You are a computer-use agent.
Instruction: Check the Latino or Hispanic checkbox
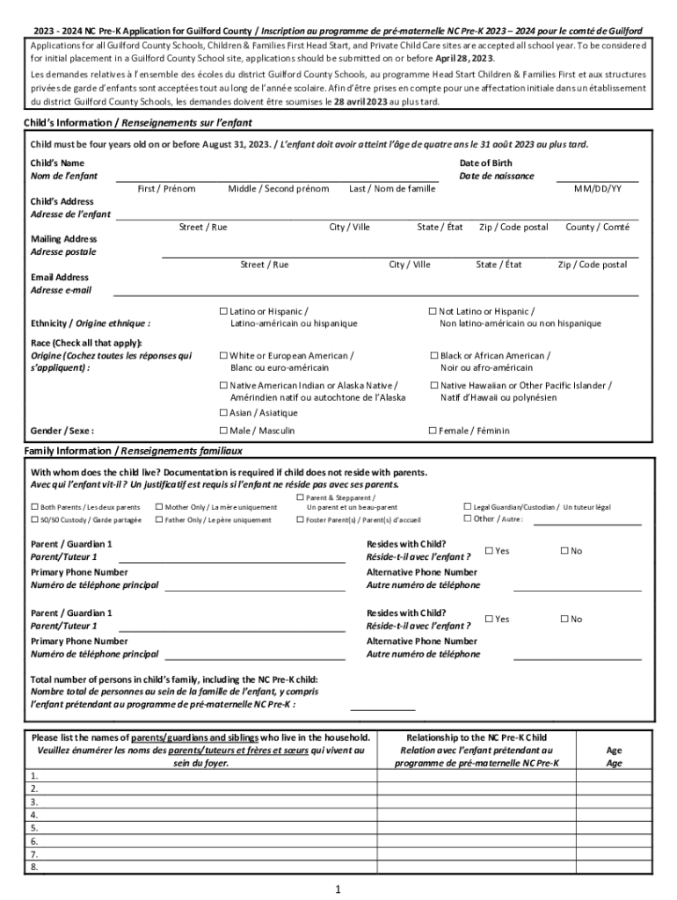pos(223,311)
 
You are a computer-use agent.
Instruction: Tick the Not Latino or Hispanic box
pos(433,311)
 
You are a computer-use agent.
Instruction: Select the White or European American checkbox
pos(223,355)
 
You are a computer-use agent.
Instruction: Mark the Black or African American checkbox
pos(433,355)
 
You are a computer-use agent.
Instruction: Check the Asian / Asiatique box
pos(223,412)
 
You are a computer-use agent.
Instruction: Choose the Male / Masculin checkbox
pos(223,431)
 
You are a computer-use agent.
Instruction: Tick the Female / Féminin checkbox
pos(433,431)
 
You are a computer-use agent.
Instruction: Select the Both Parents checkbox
pos(35,507)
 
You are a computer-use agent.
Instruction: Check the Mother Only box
pos(159,507)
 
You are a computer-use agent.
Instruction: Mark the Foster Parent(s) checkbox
pos(300,519)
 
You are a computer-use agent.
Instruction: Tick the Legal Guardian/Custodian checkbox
pos(467,507)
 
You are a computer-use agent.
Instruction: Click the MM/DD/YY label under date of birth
pos(598,189)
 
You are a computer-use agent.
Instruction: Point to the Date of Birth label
pos(485,163)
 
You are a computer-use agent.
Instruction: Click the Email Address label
pos(60,278)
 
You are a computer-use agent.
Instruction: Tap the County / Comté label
pos(597,228)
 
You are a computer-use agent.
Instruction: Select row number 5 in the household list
pos(34,828)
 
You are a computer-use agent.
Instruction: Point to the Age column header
pos(614,751)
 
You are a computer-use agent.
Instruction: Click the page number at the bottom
pos(338,889)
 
